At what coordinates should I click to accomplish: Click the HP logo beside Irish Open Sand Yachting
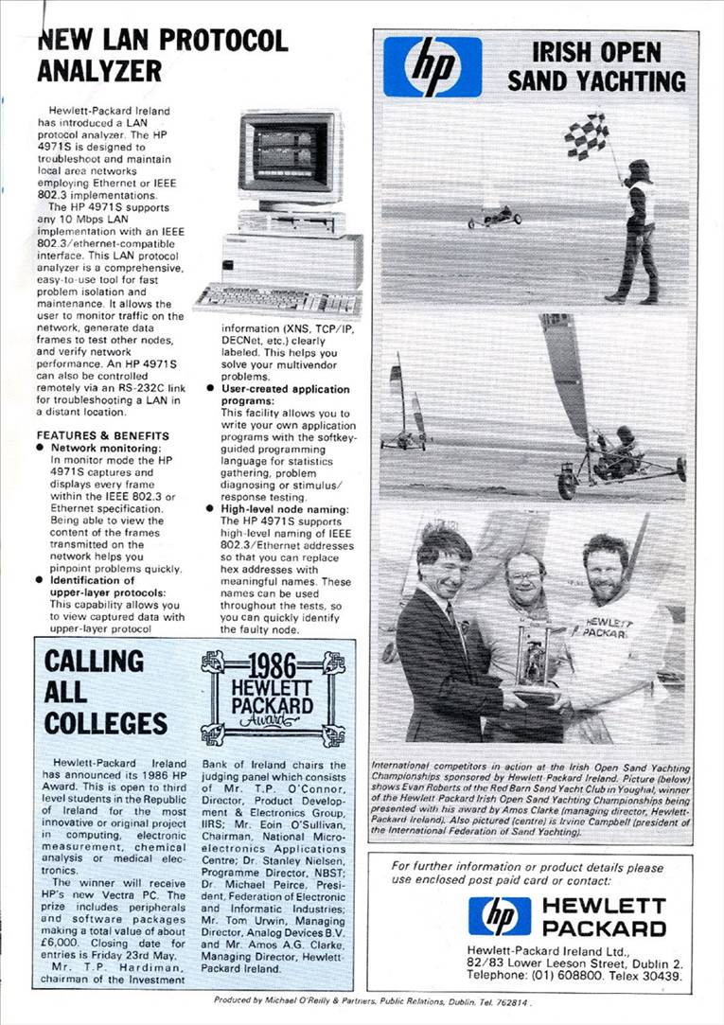[433, 66]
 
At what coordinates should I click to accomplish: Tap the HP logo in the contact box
[499, 916]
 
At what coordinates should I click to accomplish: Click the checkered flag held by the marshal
[588, 135]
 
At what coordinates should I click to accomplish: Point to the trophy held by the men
[536, 658]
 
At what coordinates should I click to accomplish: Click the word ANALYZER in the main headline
[99, 71]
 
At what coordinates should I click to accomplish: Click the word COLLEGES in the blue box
[106, 723]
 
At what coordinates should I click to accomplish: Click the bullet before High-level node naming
[212, 509]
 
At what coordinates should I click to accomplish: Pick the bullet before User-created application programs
[212, 389]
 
